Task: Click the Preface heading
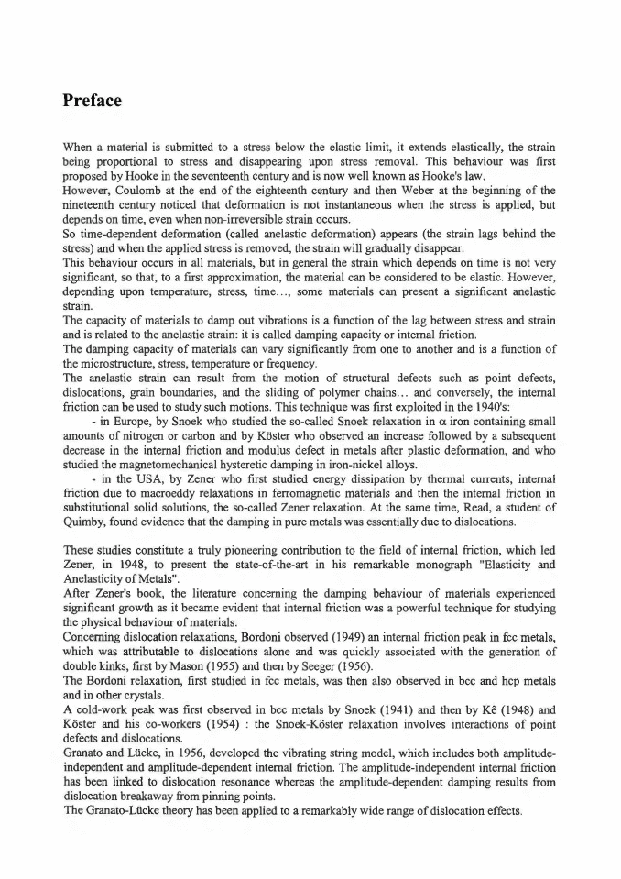[92, 100]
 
